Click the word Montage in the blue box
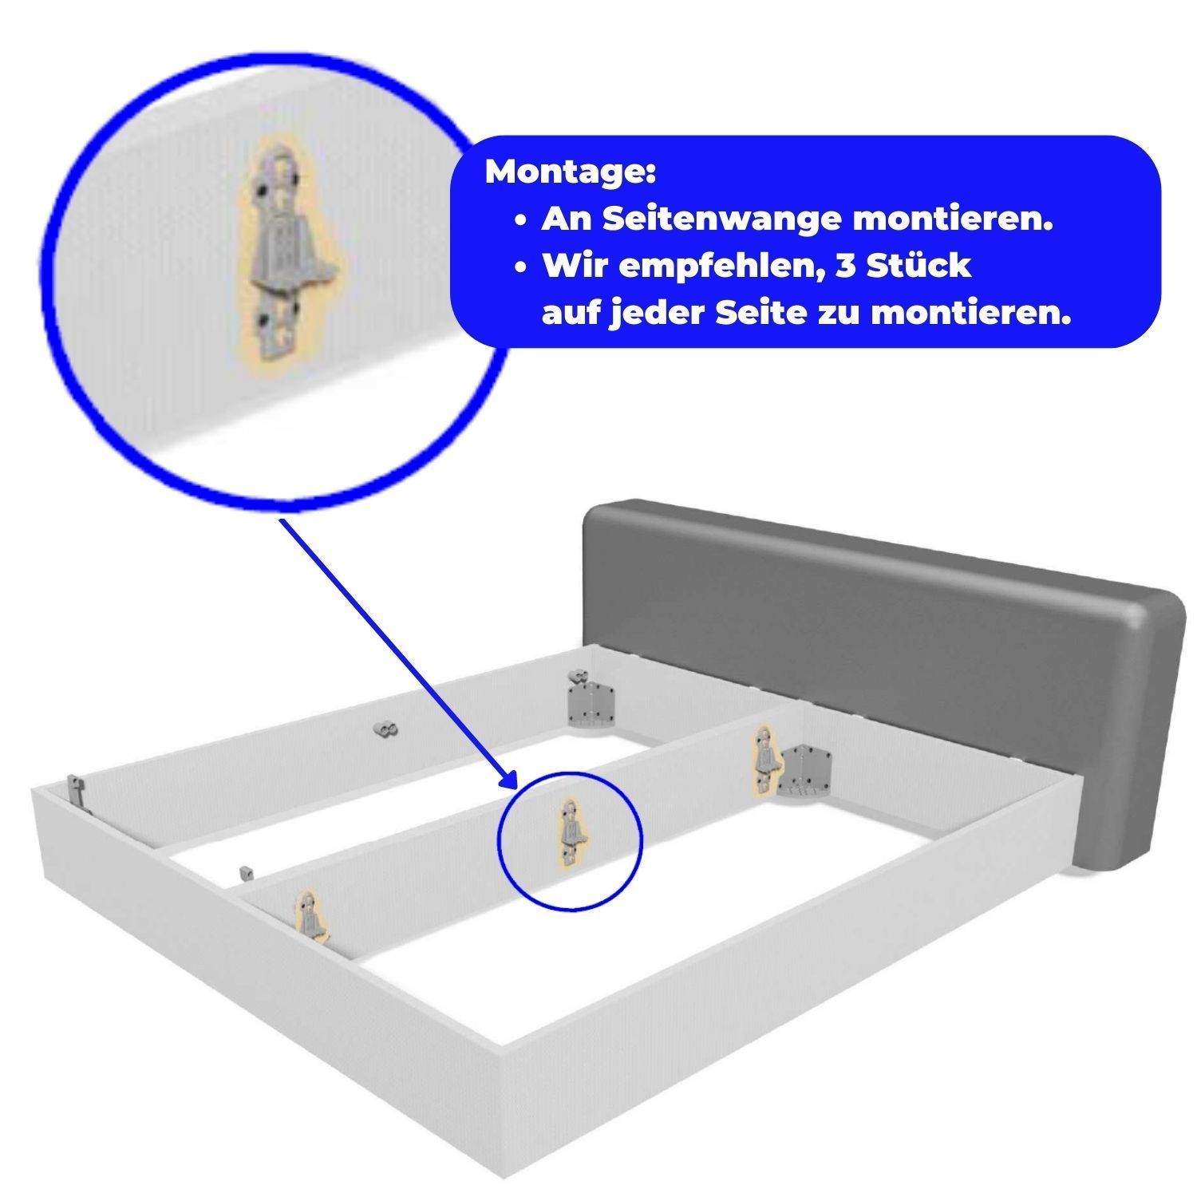570,172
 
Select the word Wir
576,265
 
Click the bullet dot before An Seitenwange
521,221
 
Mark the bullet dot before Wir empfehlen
521,267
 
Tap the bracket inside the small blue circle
570,832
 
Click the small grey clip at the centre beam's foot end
247,872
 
